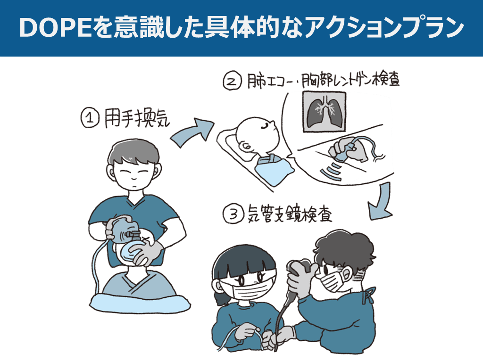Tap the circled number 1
90,118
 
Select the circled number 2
232,81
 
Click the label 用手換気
137,118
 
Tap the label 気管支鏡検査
290,214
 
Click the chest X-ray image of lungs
324,112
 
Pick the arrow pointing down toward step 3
381,202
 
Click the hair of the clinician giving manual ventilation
133,153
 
